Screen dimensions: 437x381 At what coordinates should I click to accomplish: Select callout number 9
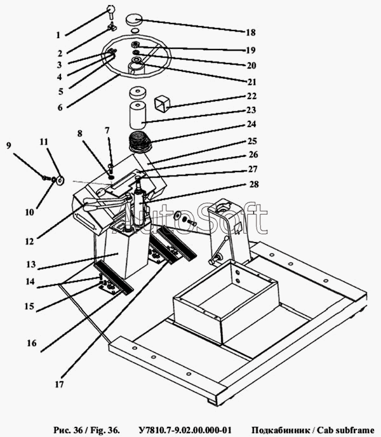(8, 145)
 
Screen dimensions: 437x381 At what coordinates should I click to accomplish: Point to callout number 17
(61, 384)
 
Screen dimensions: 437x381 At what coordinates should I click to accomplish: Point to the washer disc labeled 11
(59, 181)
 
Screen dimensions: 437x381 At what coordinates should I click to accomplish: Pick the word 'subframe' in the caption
(353, 429)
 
